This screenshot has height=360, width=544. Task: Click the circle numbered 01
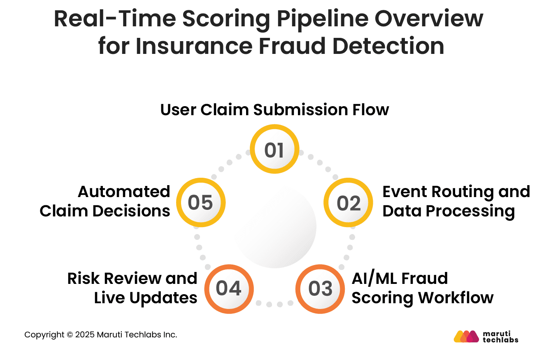274,149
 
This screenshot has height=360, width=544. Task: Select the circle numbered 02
348,203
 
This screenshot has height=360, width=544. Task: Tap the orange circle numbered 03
320,289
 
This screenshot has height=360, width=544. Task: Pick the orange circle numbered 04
229,289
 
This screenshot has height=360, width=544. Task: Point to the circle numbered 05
201,202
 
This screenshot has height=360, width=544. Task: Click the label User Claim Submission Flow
274,110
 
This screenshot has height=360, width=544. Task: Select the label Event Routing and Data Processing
456,201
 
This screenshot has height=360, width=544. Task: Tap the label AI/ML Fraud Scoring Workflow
422,288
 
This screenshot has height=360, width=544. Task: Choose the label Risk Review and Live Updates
132,288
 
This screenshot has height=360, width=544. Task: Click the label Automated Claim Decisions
105,201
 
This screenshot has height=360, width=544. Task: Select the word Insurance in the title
194,46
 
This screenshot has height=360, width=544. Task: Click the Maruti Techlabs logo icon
467,336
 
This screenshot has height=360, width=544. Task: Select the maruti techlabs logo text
500,336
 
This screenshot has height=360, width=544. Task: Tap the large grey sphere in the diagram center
275,227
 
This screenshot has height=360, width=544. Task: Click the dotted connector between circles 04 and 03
274,304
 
